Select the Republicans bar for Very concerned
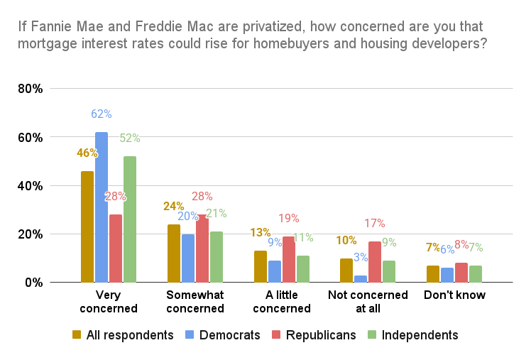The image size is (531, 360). coord(116,249)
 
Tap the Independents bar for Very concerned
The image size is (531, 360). coord(130,219)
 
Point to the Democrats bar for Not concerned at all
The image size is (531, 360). coord(361,279)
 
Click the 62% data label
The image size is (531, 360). coord(102,114)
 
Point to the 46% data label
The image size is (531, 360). coord(87,152)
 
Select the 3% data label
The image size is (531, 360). coord(361,256)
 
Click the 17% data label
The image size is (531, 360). coord(376,223)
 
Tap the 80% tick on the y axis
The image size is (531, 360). coord(31,89)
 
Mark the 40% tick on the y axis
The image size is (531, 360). coord(31,186)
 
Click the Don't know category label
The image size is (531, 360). coord(455,295)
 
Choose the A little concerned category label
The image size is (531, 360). coord(283,302)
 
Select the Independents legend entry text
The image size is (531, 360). coord(420,335)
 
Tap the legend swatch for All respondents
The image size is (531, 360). coord(76,335)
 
